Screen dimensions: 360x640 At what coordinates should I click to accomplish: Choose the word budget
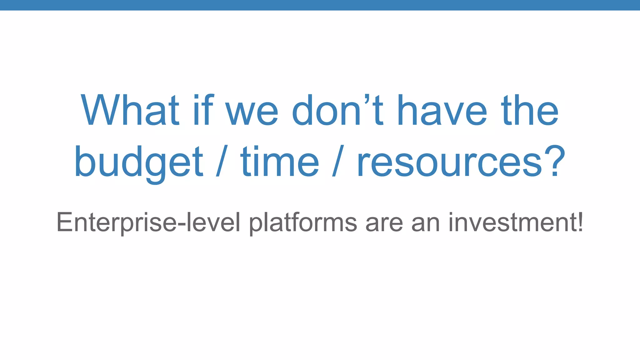coord(139,162)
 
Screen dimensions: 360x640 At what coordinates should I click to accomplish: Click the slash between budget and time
coord(222,161)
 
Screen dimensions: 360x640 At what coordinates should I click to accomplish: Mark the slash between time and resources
coord(338,161)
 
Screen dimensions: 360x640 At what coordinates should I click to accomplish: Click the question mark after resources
coord(555,161)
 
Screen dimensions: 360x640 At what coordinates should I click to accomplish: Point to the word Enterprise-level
coord(148,222)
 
